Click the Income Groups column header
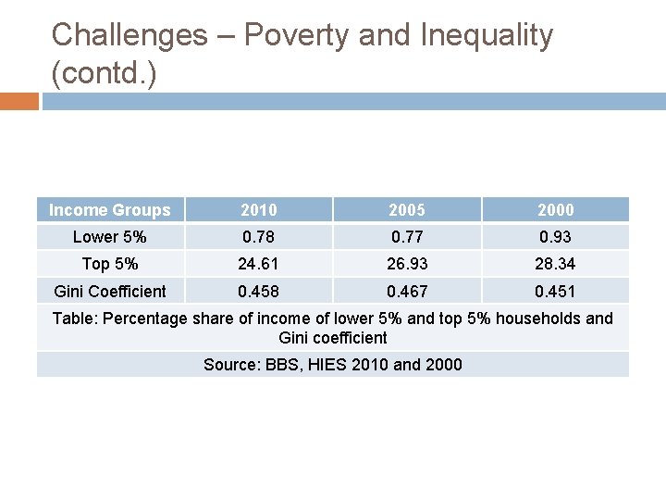pyautogui.click(x=110, y=210)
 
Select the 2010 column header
pyautogui.click(x=258, y=210)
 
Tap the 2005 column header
pyautogui.click(x=406, y=210)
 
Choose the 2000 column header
pyautogui.click(x=555, y=210)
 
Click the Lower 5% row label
pyautogui.click(x=110, y=237)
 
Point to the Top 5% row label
pyautogui.click(x=110, y=264)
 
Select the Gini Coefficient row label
pyautogui.click(x=110, y=291)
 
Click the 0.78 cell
pyautogui.click(x=258, y=237)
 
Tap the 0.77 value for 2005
pyautogui.click(x=406, y=237)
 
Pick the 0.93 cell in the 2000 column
pyautogui.click(x=555, y=237)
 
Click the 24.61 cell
pyautogui.click(x=258, y=264)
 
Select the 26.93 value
pyautogui.click(x=406, y=264)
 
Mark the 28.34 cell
pyautogui.click(x=555, y=264)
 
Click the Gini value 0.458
pyautogui.click(x=258, y=291)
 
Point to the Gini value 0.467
pyautogui.click(x=406, y=291)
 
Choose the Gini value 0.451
pyautogui.click(x=555, y=291)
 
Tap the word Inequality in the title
pyautogui.click(x=487, y=36)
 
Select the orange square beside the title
pyautogui.click(x=19, y=101)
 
